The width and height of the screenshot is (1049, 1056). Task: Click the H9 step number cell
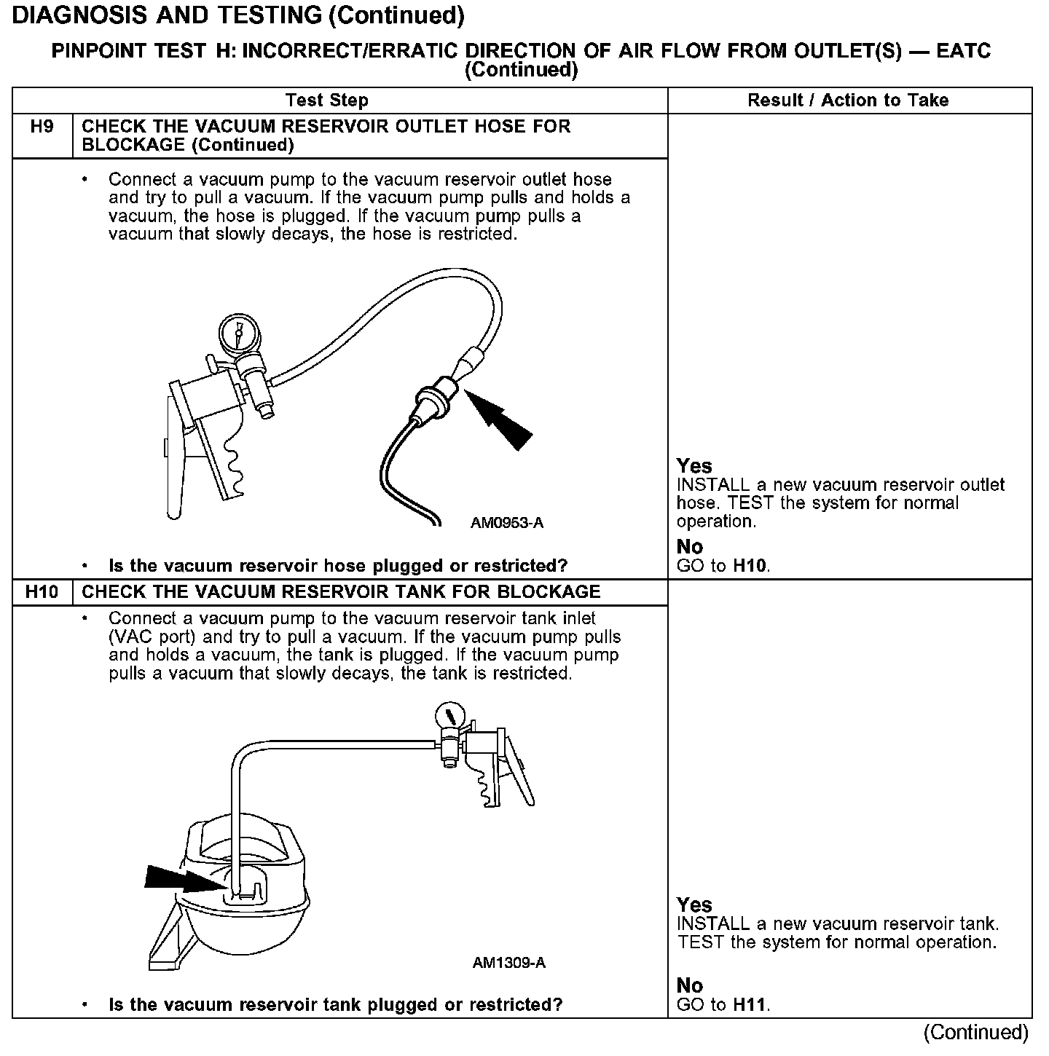(42, 127)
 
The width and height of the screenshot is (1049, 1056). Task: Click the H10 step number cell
(42, 592)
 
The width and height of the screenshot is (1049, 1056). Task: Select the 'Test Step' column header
(327, 101)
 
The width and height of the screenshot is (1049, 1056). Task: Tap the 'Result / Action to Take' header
(848, 101)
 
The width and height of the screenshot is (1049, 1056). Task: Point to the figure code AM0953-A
(507, 523)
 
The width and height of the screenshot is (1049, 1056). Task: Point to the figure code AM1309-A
(509, 963)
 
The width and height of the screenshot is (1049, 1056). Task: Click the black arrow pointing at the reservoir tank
(181, 879)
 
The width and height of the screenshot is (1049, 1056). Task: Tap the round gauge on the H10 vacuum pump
(449, 714)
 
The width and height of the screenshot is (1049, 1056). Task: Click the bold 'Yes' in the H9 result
(694, 466)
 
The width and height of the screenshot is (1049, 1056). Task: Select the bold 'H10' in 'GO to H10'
(750, 566)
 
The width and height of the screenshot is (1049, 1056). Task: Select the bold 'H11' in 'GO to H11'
(750, 1005)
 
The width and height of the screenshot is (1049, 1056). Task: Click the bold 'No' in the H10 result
(690, 986)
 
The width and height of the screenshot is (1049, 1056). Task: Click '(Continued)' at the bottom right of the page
(975, 1032)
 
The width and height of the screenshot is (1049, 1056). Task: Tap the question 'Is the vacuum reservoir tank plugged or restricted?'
(335, 1005)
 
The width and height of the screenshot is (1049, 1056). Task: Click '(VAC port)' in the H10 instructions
(154, 637)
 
